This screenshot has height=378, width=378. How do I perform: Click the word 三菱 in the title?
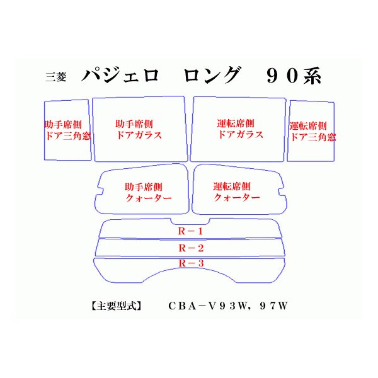click(x=55, y=77)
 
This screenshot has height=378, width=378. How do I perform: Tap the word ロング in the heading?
click(x=211, y=76)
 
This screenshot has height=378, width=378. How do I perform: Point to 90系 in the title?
click(x=294, y=76)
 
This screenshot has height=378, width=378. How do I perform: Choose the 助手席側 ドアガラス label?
click(x=138, y=129)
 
